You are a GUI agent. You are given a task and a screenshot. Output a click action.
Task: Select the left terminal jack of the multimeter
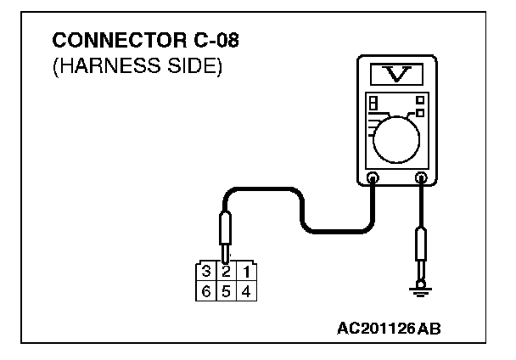point(372,178)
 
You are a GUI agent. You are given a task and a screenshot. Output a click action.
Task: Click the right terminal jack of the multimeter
point(420,178)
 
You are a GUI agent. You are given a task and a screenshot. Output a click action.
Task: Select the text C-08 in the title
point(202,41)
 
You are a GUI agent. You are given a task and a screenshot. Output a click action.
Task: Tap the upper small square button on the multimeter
point(419,100)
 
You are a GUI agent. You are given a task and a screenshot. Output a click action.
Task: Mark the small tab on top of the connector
point(226,259)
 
